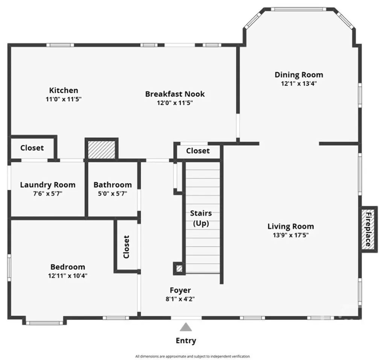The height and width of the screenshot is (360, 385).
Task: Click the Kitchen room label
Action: pos(64,90)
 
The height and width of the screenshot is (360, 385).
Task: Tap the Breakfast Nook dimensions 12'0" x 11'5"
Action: pos(175,103)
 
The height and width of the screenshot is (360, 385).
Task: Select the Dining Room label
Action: pos(299,74)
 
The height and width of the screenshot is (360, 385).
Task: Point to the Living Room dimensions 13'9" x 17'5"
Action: pos(291,235)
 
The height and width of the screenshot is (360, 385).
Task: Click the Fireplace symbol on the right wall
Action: pos(368,229)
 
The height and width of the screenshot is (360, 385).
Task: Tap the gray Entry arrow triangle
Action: pos(186,327)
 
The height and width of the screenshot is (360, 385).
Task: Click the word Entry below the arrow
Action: pos(186,341)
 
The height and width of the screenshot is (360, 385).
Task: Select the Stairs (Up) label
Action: pos(201,218)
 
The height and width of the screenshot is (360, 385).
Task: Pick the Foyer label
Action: pos(180,290)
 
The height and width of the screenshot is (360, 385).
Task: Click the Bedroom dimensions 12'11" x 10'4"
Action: pos(68,275)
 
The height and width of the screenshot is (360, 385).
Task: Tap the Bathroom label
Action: pos(112,185)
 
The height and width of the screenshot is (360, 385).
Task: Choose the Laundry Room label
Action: pos(47,185)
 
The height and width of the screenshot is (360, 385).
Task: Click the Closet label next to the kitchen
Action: pos(32,148)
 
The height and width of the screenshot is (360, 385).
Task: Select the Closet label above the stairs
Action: pos(198,151)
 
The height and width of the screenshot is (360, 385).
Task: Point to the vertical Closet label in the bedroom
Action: pos(126,247)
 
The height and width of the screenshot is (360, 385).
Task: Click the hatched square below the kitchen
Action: pos(102,150)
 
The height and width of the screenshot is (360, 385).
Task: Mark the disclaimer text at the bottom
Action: pos(192,356)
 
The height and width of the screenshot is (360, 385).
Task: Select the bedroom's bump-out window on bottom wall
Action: pos(45,322)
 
